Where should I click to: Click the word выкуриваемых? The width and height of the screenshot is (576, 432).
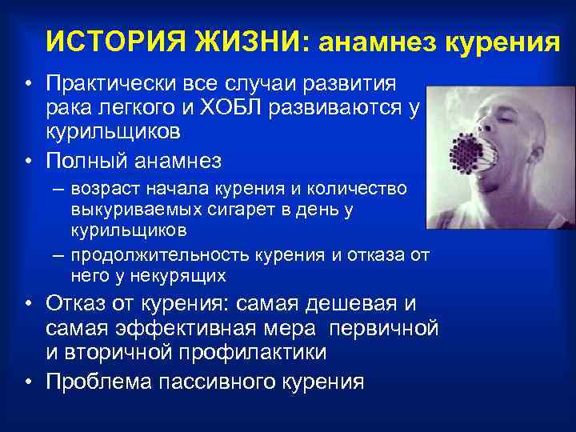(125, 210)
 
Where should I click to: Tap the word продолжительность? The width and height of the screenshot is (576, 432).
(160, 256)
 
